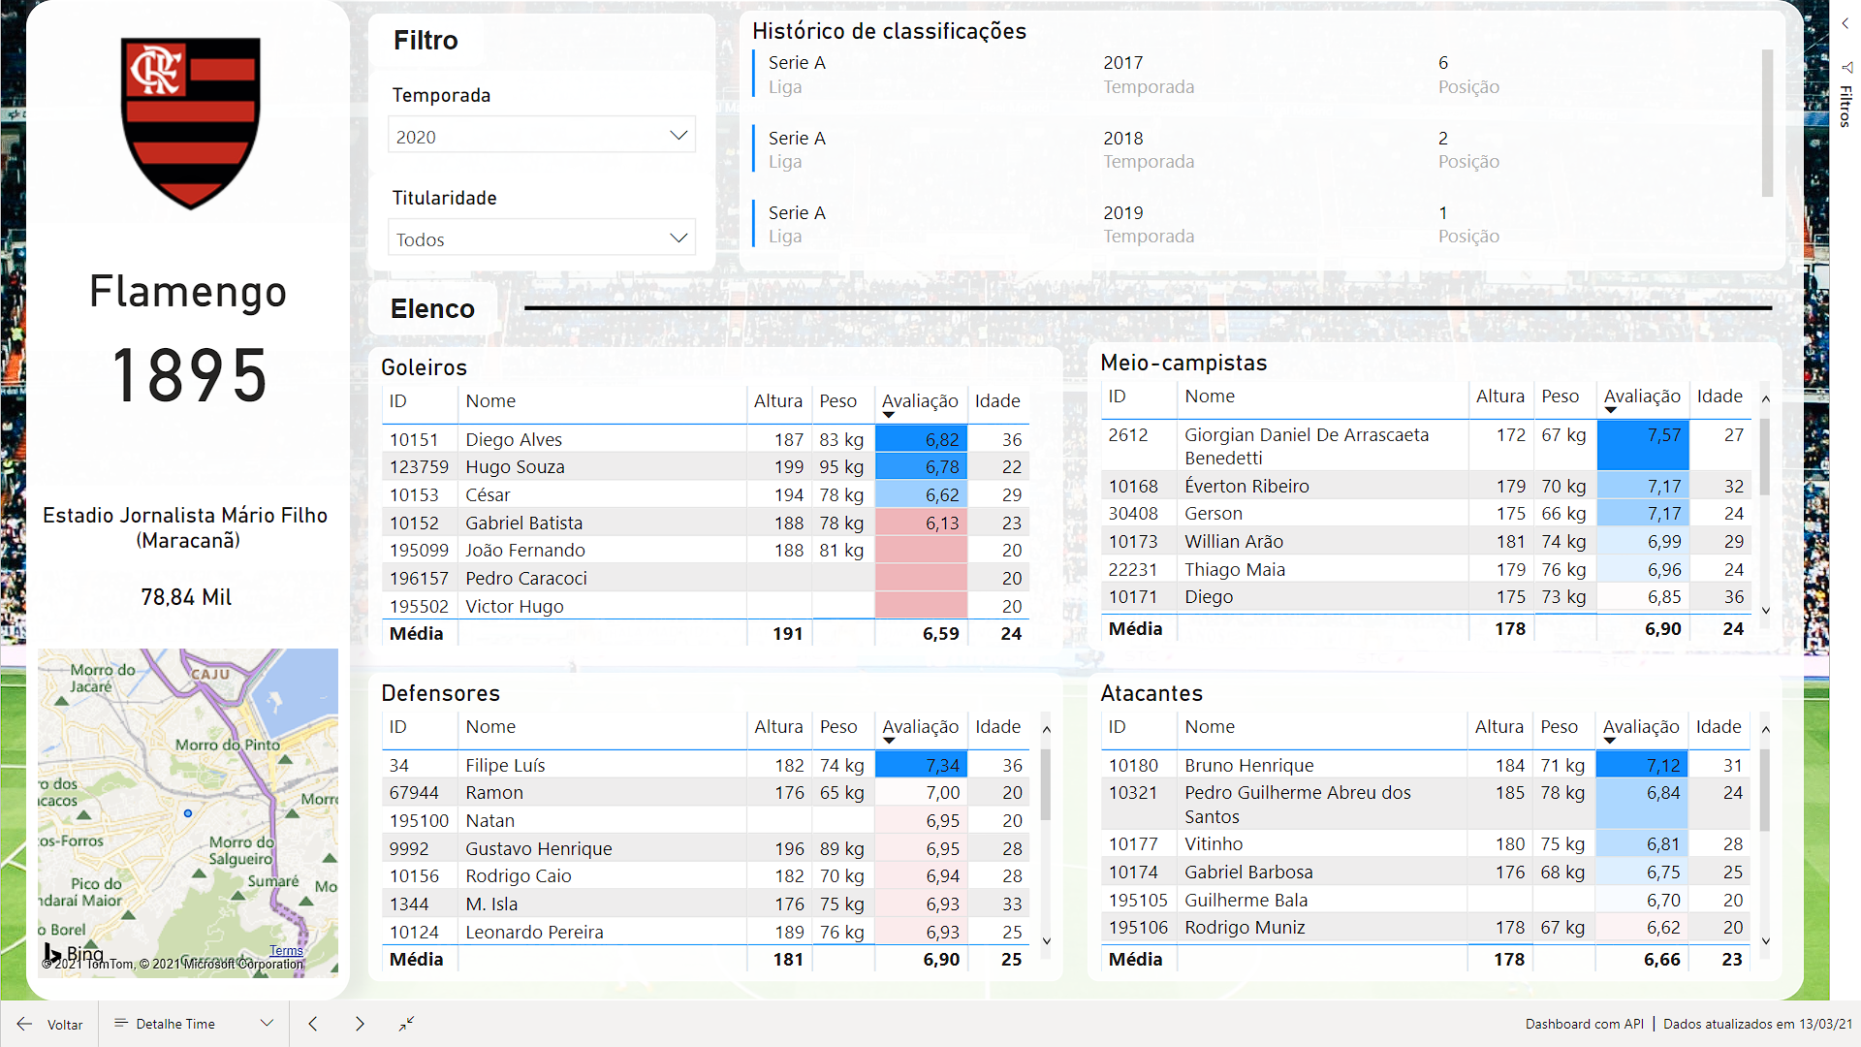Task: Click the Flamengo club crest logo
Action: point(190,121)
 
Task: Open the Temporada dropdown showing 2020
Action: point(541,137)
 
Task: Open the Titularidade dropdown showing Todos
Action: point(541,238)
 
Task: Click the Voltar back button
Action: point(50,1024)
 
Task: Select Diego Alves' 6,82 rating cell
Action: point(921,439)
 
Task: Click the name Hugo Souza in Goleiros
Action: point(515,467)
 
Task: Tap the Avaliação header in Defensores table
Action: point(920,727)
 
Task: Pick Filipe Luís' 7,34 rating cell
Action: point(921,765)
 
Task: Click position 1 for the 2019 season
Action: point(1443,212)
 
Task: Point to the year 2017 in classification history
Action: point(1122,63)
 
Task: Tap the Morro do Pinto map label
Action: point(227,745)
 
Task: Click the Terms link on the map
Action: point(286,950)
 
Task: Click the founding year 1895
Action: point(189,376)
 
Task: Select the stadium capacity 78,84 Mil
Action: point(186,597)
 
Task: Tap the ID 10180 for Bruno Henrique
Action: point(1133,765)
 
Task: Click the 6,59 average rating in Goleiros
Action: point(940,634)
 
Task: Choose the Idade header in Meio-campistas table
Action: point(1719,397)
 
